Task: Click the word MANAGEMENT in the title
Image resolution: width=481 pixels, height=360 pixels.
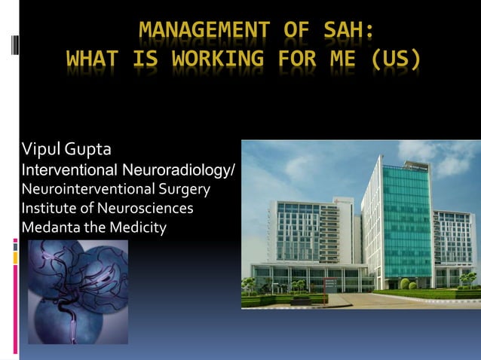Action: tap(195, 30)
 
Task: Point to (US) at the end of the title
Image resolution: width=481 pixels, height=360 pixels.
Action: tap(391, 58)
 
